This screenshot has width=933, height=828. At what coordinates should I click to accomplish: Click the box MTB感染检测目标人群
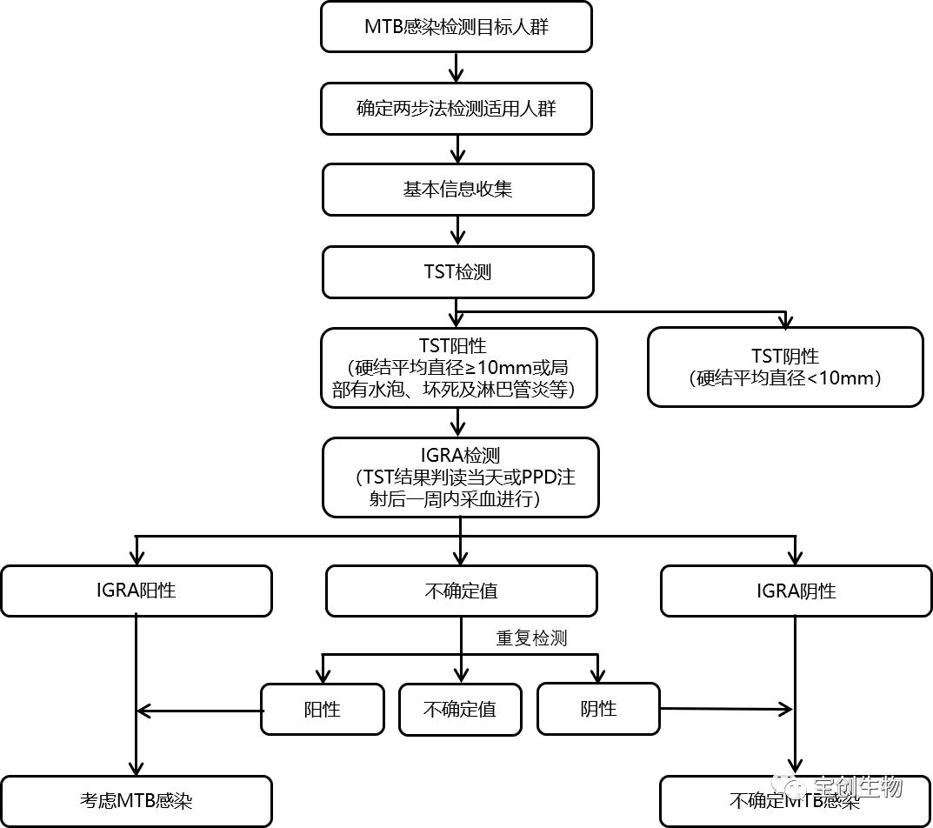click(x=457, y=26)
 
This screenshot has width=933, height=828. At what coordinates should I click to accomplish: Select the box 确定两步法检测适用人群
click(x=457, y=108)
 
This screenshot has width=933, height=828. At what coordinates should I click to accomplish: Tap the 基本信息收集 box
click(x=457, y=190)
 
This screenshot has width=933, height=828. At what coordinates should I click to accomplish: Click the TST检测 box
click(x=457, y=271)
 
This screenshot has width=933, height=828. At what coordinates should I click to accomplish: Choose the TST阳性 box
click(x=459, y=367)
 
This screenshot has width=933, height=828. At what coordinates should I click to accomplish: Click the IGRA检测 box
click(x=461, y=477)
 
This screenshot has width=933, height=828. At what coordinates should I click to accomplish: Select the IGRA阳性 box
click(x=137, y=591)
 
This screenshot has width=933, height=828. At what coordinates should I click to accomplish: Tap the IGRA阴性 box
click(x=796, y=591)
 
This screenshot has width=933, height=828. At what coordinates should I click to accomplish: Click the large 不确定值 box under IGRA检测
click(x=461, y=591)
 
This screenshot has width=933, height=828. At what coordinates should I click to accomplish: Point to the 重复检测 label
click(x=531, y=638)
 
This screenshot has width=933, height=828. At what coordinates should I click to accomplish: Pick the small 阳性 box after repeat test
click(x=323, y=709)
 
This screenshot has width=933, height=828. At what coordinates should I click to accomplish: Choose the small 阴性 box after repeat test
click(x=598, y=709)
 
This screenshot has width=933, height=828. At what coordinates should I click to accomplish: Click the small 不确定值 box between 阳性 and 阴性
click(x=460, y=709)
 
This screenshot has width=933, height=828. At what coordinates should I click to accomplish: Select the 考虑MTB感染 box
click(x=137, y=800)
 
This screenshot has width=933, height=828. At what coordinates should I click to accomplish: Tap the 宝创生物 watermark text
click(x=857, y=787)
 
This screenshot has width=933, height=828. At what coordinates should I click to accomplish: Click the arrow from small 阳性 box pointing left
click(x=200, y=711)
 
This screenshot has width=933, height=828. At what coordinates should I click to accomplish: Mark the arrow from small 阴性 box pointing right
click(x=726, y=709)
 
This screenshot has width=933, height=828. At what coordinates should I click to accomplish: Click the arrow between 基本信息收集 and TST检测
click(x=458, y=230)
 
